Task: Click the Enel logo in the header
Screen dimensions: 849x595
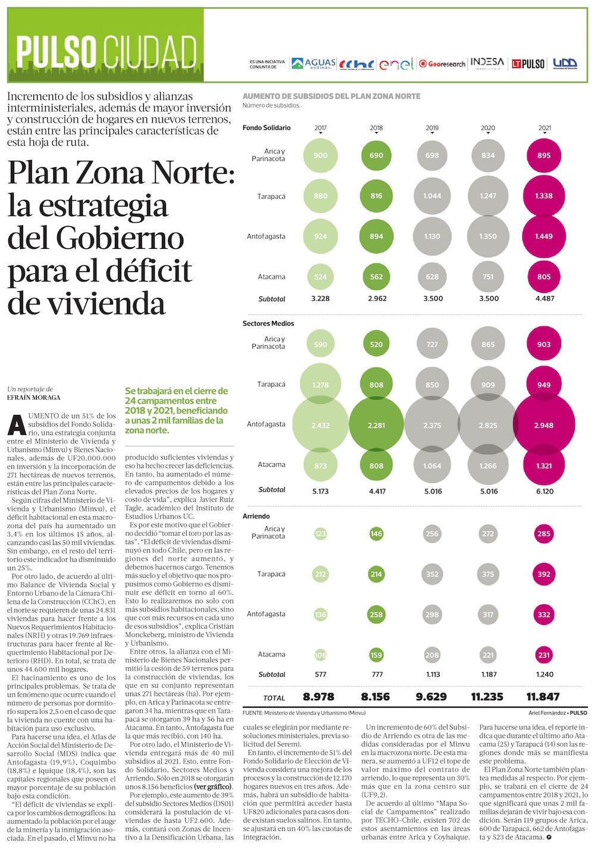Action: click(396, 64)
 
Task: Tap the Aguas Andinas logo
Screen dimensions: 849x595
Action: click(314, 63)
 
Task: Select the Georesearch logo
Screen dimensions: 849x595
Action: click(441, 64)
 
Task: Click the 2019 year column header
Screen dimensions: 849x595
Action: click(432, 128)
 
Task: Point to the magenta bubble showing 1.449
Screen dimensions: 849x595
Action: click(544, 236)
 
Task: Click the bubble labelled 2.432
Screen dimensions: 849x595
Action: click(320, 425)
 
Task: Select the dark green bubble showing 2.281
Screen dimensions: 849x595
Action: click(376, 425)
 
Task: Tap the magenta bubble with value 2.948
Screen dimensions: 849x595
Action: click(544, 425)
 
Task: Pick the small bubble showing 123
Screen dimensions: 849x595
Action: click(320, 533)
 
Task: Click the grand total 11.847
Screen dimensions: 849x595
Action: click(543, 697)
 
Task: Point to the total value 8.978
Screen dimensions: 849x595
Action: click(318, 697)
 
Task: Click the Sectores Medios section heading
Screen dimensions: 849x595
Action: click(268, 323)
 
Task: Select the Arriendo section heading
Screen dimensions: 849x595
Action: click(256, 516)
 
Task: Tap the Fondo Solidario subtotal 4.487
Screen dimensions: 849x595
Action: click(544, 298)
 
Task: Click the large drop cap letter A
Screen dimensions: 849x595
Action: click(18, 424)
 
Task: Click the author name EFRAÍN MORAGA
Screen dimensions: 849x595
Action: click(34, 397)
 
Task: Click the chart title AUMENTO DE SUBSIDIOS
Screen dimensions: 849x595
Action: click(331, 96)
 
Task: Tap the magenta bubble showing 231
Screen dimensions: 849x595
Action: click(544, 655)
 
